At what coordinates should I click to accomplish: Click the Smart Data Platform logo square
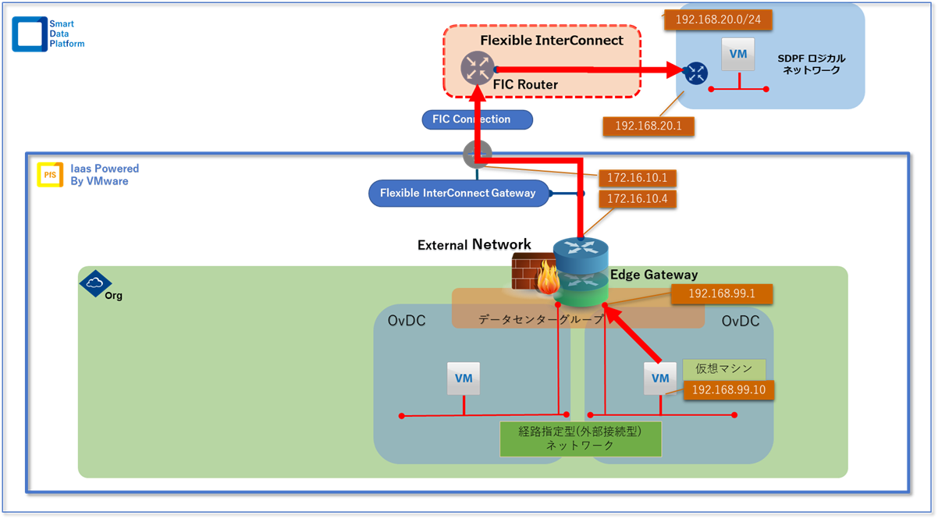coord(30,35)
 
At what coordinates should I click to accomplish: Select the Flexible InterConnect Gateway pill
coord(457,193)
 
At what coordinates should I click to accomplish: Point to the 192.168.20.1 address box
coord(648,126)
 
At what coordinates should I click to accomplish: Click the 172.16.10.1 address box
coord(637,179)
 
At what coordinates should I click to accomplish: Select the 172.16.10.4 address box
coord(637,200)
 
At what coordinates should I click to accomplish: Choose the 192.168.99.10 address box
coord(728,389)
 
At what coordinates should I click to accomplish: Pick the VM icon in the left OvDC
coord(464,379)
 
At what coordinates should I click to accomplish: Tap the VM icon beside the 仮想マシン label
coord(660,379)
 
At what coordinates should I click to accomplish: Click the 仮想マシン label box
coord(723,368)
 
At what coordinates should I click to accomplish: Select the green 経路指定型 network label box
coord(581,439)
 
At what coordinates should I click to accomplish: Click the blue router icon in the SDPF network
coord(695,73)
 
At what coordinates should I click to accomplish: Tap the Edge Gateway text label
coord(654,275)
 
